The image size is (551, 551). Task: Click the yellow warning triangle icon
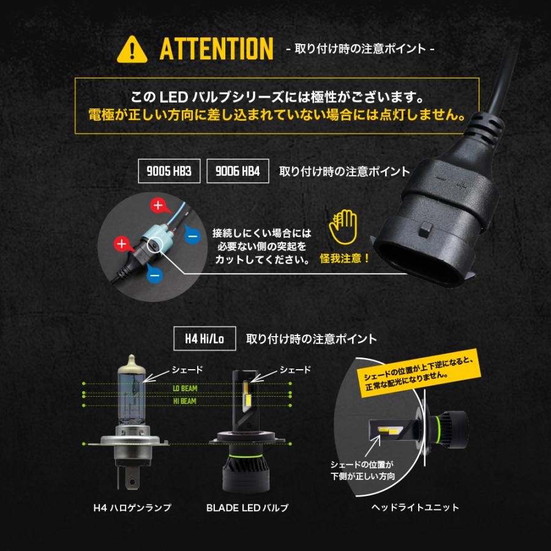tap(135, 48)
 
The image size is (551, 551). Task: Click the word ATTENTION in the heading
tap(216, 49)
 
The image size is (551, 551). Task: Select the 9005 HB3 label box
tap(170, 171)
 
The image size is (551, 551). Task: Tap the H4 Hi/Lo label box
tap(204, 338)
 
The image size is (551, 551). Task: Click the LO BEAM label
tap(183, 388)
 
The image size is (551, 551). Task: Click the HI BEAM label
tap(183, 400)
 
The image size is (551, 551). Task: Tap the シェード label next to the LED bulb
tap(295, 369)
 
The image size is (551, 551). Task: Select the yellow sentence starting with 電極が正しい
tap(275, 114)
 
